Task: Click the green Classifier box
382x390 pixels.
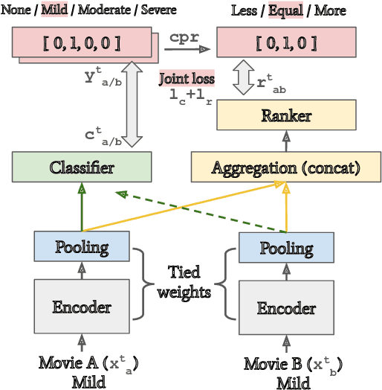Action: (82, 167)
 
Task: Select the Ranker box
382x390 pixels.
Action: (286, 115)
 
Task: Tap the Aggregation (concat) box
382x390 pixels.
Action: (286, 167)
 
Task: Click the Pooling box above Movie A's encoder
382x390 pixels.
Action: (82, 246)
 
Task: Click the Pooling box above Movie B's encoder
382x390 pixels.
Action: (286, 247)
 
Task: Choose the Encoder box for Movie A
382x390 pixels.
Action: (82, 306)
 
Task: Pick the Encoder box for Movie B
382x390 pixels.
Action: (286, 307)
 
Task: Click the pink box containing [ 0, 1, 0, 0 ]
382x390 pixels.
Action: (81, 42)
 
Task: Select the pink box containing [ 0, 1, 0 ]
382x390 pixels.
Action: (286, 42)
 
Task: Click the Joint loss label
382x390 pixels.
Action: (187, 78)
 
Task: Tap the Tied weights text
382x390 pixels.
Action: (184, 282)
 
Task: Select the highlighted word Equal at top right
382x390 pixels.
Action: (284, 11)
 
